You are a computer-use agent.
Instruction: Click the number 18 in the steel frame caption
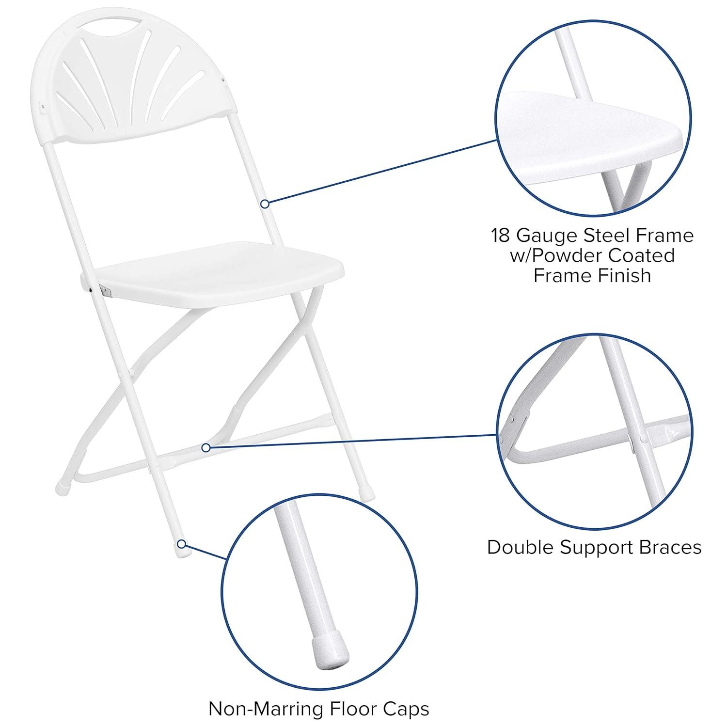(501, 236)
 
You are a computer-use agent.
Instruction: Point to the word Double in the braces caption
(521, 547)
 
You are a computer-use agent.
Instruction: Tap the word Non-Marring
(265, 709)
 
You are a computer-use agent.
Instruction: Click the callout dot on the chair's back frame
(265, 204)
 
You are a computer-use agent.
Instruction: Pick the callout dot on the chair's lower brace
(206, 447)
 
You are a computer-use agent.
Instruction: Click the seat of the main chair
(218, 271)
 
